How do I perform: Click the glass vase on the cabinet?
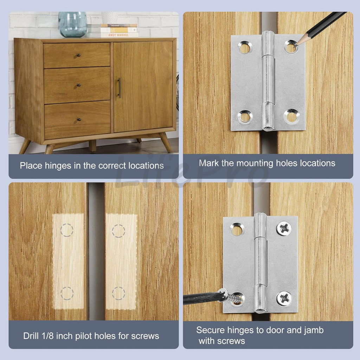pos(72,24)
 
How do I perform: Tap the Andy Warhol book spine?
pos(120,35)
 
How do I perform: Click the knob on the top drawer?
pos(78,55)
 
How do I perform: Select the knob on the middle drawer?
pos(79,85)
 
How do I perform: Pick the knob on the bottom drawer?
pos(79,120)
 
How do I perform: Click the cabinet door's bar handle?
pos(119,88)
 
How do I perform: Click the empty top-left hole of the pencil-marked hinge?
pos(245,47)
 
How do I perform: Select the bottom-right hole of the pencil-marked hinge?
pos(291,116)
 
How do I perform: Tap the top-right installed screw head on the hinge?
pos(284,229)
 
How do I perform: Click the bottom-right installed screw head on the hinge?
pos(284,298)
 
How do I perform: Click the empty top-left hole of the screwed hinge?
pos(237,230)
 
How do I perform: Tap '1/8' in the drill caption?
pos(47,336)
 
